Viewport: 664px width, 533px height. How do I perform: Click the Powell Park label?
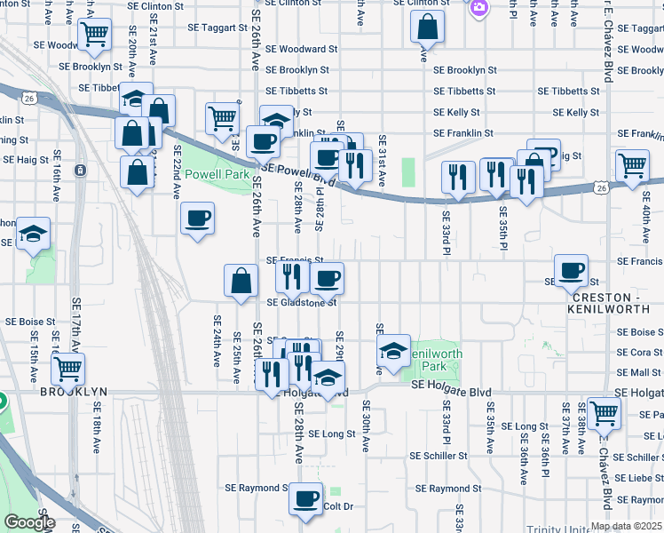[x=217, y=175]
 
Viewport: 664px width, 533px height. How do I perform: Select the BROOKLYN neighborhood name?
[x=73, y=391]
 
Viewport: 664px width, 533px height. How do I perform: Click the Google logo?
[x=29, y=522]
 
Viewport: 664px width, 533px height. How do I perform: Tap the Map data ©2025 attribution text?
[x=626, y=526]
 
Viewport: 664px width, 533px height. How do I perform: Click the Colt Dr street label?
[x=338, y=506]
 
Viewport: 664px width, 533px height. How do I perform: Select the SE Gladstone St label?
[x=302, y=302]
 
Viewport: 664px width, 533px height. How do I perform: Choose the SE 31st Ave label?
[x=382, y=161]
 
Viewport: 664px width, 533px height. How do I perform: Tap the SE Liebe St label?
[x=640, y=478]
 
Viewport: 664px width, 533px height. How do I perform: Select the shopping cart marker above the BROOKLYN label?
[x=67, y=368]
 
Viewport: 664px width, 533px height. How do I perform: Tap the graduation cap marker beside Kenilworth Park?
[x=393, y=350]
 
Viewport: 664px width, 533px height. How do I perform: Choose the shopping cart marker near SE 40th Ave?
[x=631, y=164]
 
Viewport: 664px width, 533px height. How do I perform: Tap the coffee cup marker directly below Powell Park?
[x=197, y=218]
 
